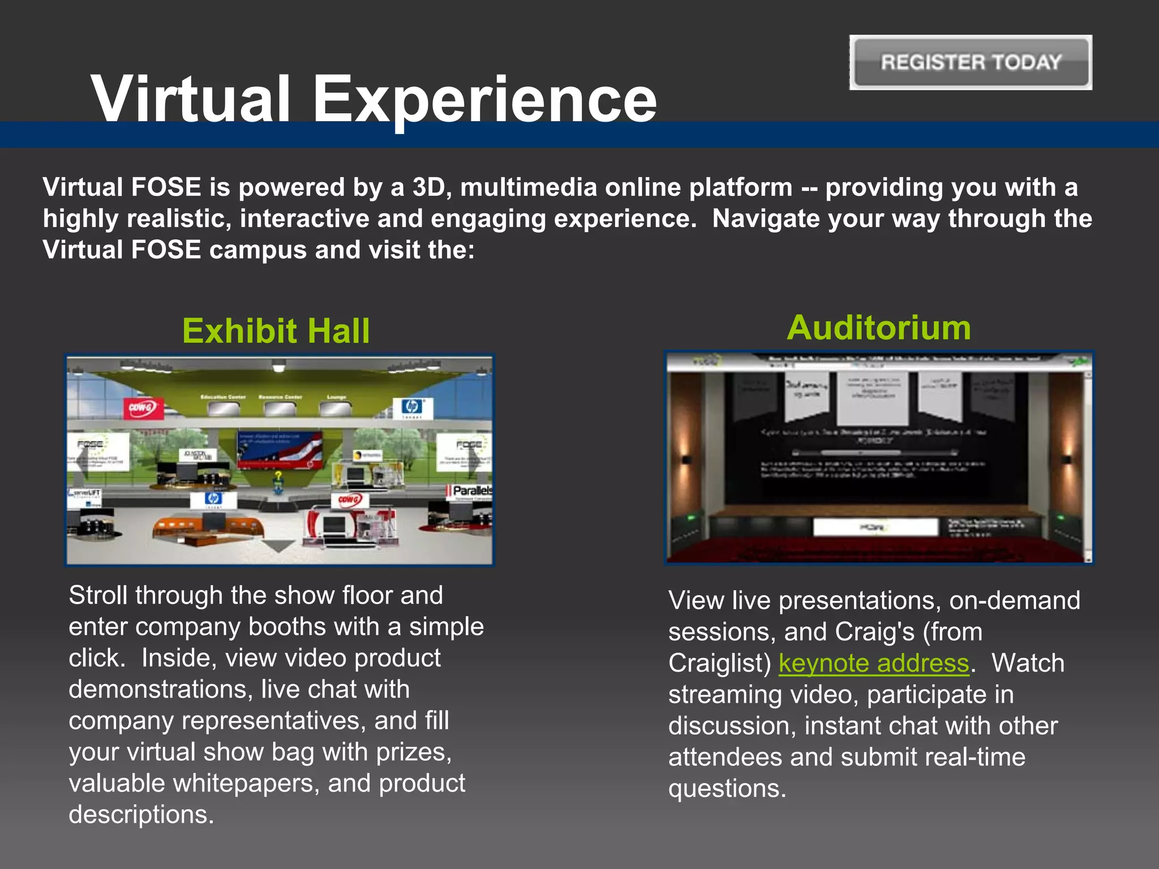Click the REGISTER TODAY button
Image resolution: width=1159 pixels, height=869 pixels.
pos(971,62)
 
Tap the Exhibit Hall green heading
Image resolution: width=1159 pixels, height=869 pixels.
pos(276,331)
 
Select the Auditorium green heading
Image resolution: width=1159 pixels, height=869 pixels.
pos(878,328)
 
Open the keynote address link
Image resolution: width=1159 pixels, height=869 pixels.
pos(873,663)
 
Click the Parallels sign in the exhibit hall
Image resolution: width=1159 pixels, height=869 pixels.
pos(470,491)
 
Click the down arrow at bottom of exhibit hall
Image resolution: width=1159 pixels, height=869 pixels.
pos(278,546)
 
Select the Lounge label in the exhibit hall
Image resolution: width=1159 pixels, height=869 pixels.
pos(336,398)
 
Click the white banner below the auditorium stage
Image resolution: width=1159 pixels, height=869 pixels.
pos(875,527)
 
